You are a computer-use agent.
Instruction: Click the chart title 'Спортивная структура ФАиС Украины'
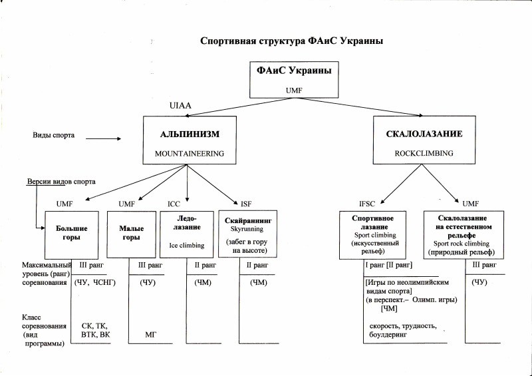291,41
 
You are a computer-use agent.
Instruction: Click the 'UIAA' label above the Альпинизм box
180,106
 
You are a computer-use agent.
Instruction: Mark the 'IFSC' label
367,204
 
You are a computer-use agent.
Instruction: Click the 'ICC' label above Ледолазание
174,204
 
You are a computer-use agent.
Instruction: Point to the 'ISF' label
246,204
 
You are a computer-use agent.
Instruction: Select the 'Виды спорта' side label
54,135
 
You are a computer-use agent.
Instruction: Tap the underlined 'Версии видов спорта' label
61,182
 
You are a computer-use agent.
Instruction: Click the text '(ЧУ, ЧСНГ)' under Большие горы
95,283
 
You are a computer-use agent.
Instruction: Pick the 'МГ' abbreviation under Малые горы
150,335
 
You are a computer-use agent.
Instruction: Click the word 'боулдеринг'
388,335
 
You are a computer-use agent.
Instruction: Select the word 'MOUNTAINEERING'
190,154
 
